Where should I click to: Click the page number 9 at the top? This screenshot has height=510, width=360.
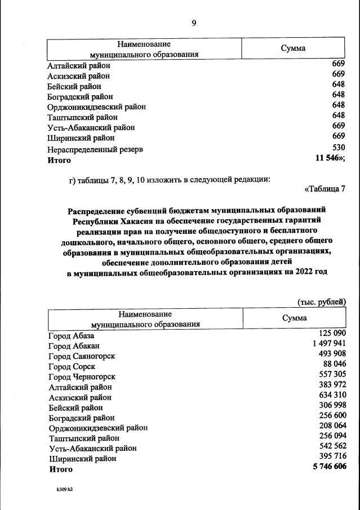tap(194, 23)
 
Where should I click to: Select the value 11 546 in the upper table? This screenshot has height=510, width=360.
tap(330, 159)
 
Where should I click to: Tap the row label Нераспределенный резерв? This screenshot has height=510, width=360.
tap(95, 149)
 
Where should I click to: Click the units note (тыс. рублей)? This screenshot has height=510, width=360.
tap(321, 301)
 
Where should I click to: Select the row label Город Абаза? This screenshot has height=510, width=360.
tap(72, 336)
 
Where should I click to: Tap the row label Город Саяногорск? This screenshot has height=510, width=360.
tap(82, 356)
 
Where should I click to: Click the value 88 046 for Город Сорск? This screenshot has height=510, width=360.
tap(331, 365)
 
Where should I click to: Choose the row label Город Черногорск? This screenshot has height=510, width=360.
tap(82, 376)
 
